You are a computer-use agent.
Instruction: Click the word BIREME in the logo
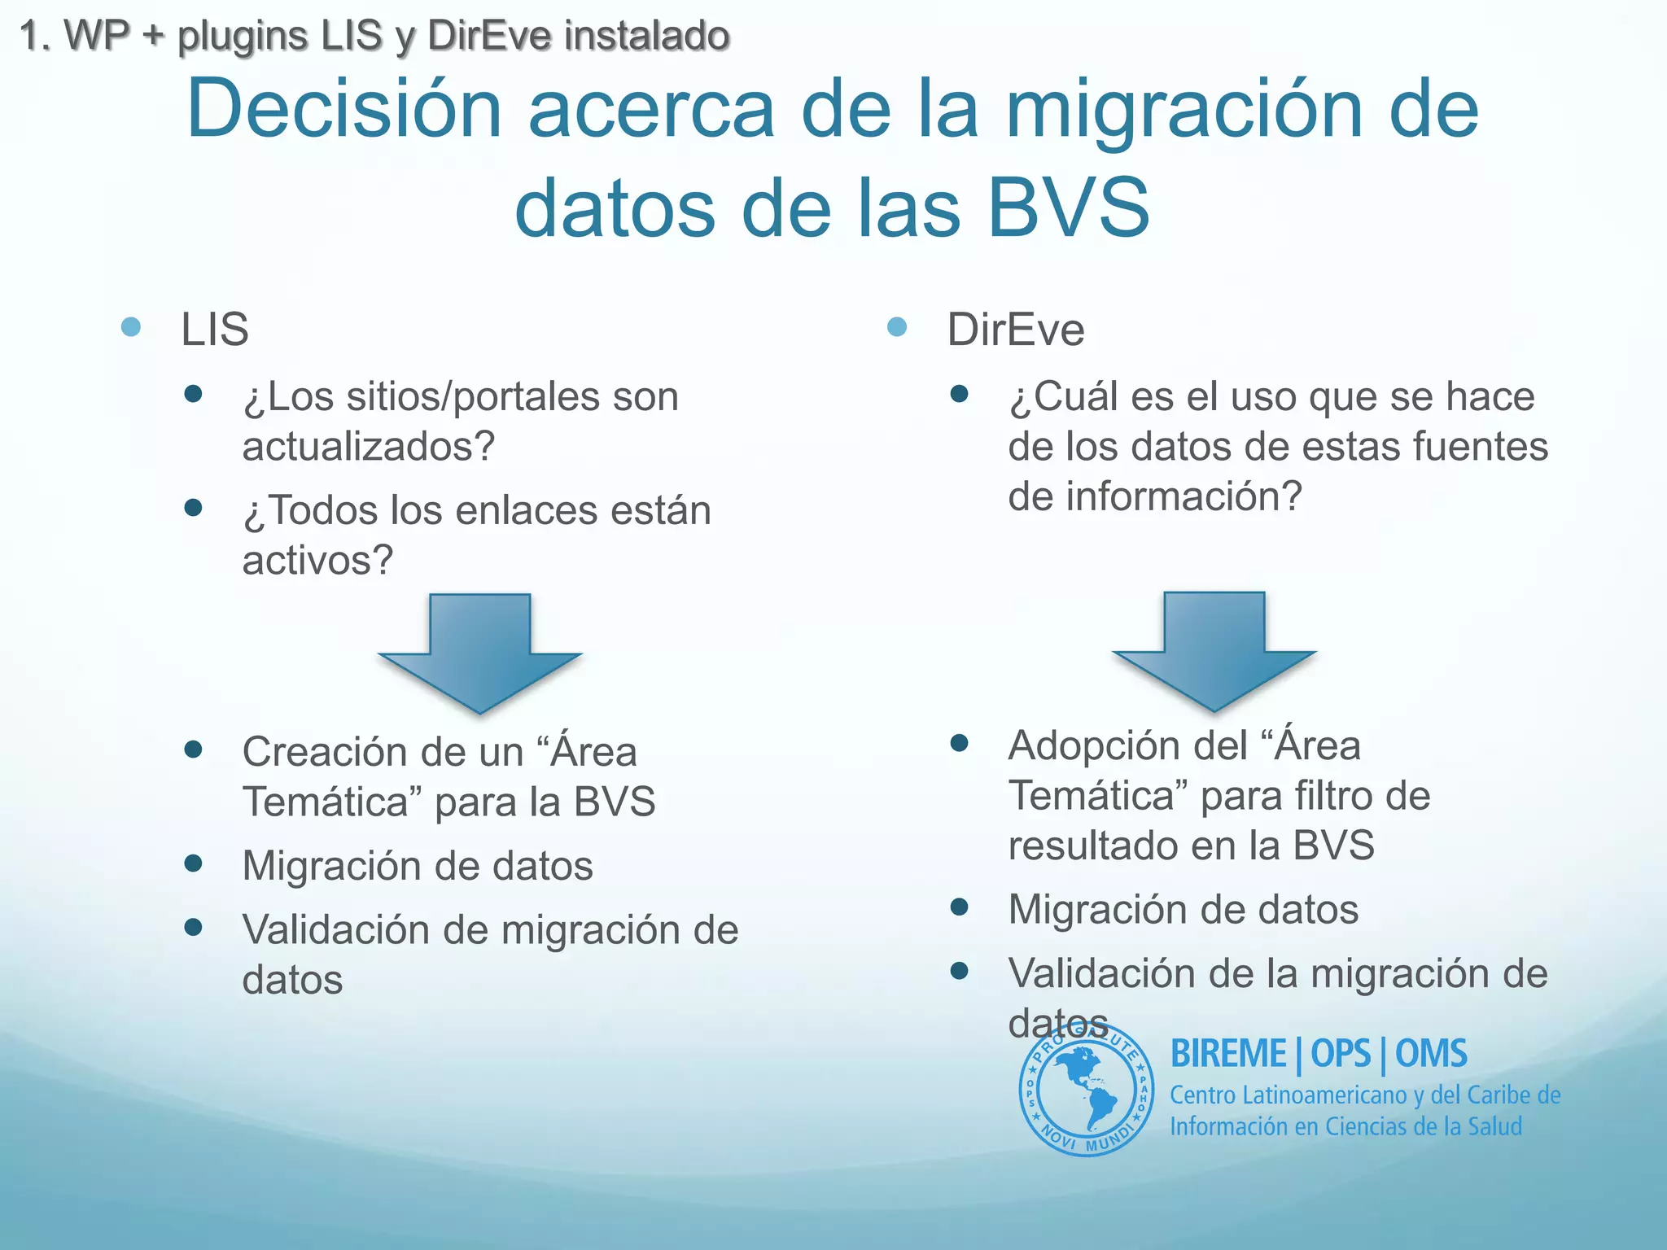[x=1227, y=1054]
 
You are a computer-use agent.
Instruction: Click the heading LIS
[x=215, y=330]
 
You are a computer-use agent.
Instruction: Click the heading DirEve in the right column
[x=1015, y=330]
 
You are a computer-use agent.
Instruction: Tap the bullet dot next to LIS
[x=131, y=327]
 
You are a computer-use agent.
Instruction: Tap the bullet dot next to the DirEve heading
[x=897, y=327]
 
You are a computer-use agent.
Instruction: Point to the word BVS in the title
[x=1068, y=208]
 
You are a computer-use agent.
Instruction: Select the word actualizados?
[x=369, y=447]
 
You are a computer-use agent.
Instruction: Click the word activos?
[x=318, y=561]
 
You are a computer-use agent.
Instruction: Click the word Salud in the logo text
[x=1494, y=1126]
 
